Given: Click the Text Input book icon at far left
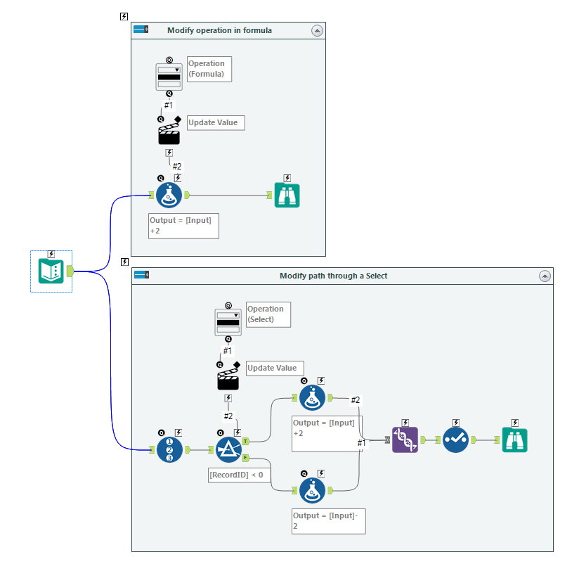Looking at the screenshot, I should [x=51, y=271].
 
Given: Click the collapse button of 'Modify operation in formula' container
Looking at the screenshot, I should [x=317, y=30].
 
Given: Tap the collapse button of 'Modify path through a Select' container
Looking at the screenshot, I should [x=545, y=276].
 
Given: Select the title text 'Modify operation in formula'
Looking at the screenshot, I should [x=219, y=30].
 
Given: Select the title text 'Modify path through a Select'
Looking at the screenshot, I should [x=333, y=276].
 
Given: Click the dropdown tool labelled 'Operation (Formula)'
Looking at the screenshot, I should [x=169, y=77].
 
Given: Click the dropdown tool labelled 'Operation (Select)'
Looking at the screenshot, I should [x=228, y=322].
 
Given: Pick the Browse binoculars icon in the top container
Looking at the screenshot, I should [x=287, y=196].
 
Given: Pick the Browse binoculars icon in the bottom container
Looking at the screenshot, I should [x=514, y=440].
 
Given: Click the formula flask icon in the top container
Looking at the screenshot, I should [x=169, y=196].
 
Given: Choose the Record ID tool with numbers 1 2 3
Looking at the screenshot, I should [x=169, y=449].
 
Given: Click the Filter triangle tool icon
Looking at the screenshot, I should [x=228, y=449].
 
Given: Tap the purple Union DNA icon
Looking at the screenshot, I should [x=405, y=440].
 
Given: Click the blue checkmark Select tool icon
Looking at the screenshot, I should [x=455, y=440].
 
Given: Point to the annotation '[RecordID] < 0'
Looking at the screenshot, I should [x=236, y=475].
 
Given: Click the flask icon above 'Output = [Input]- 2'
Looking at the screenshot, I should [x=312, y=490].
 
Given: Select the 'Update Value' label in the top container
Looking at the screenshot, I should [x=216, y=122].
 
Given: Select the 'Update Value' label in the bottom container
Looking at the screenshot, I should [x=275, y=368].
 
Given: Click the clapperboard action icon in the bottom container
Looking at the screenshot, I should [x=228, y=379].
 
